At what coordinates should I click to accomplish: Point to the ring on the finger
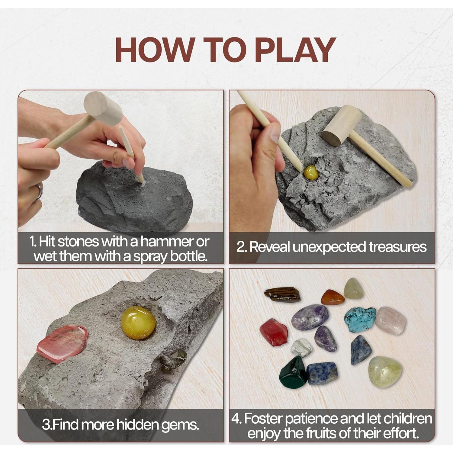[39, 192]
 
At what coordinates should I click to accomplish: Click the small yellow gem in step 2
[311, 172]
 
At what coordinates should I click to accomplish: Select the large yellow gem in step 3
[139, 323]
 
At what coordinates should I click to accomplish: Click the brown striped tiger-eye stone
[282, 294]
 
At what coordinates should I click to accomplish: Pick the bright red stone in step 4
[274, 332]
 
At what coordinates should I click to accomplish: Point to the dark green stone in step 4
[293, 372]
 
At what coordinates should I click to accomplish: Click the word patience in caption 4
[311, 419]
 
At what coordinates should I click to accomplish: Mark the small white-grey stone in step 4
[301, 348]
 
